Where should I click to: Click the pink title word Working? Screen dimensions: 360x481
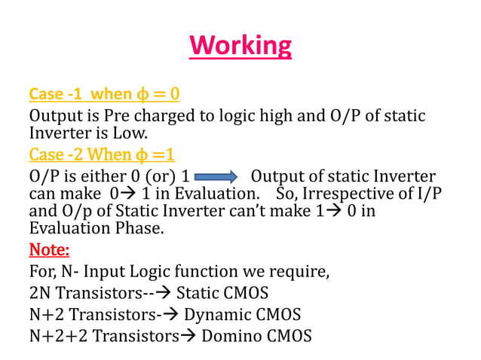[x=240, y=46]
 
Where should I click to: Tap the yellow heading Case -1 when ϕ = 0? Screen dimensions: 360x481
[x=104, y=95]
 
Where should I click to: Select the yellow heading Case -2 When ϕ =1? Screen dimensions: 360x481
[x=102, y=156]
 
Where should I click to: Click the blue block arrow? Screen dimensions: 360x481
[x=216, y=178]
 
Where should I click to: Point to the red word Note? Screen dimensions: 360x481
[x=49, y=249]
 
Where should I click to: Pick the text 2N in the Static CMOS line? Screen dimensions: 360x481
[x=40, y=292]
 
